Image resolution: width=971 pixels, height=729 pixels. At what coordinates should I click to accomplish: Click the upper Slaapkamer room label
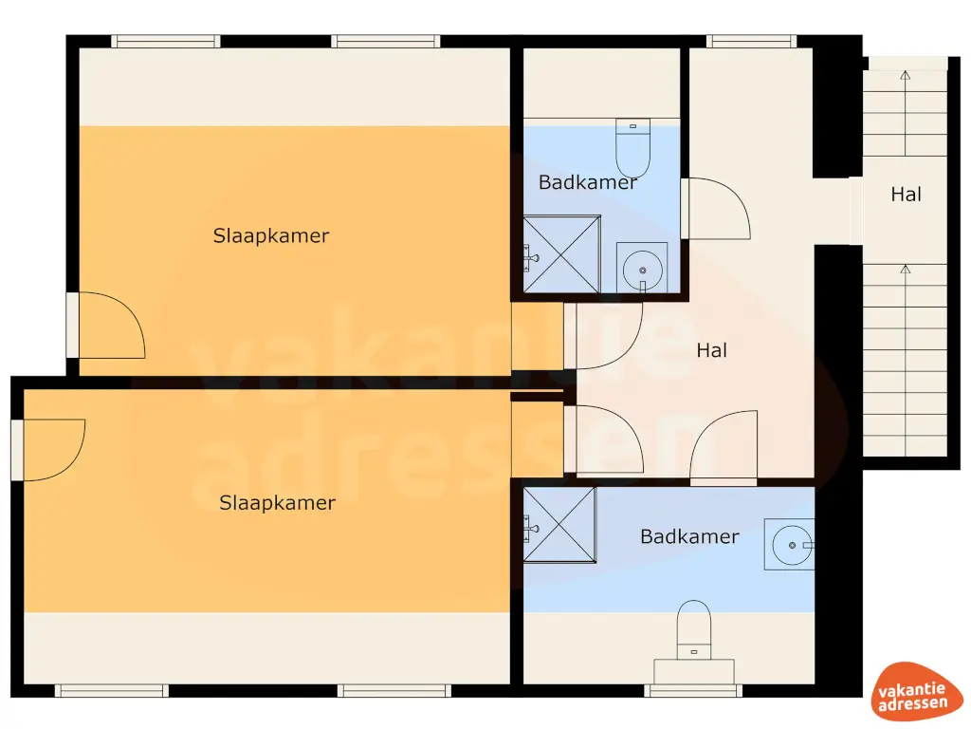point(271,236)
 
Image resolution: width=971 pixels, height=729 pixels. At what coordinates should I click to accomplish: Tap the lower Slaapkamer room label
point(277,503)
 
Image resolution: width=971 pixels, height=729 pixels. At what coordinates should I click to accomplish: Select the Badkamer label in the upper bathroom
point(588,182)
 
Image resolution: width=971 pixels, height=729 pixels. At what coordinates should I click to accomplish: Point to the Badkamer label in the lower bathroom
point(689,536)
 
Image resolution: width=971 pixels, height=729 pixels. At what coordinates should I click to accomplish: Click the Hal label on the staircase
point(906,195)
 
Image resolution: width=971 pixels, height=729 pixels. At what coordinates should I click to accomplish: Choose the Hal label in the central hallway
point(711,350)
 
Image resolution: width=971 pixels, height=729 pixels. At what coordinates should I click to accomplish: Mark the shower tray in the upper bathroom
point(562,253)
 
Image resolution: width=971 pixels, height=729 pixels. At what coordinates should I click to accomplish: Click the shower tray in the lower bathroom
point(559,525)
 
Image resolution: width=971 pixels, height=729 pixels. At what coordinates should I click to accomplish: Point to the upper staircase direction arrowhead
point(905,75)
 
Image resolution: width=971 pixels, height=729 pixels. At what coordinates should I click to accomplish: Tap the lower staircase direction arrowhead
point(905,270)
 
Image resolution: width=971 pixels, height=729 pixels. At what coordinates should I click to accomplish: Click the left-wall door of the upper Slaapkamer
point(106,326)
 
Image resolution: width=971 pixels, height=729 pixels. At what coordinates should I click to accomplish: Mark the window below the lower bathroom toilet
point(692,690)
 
